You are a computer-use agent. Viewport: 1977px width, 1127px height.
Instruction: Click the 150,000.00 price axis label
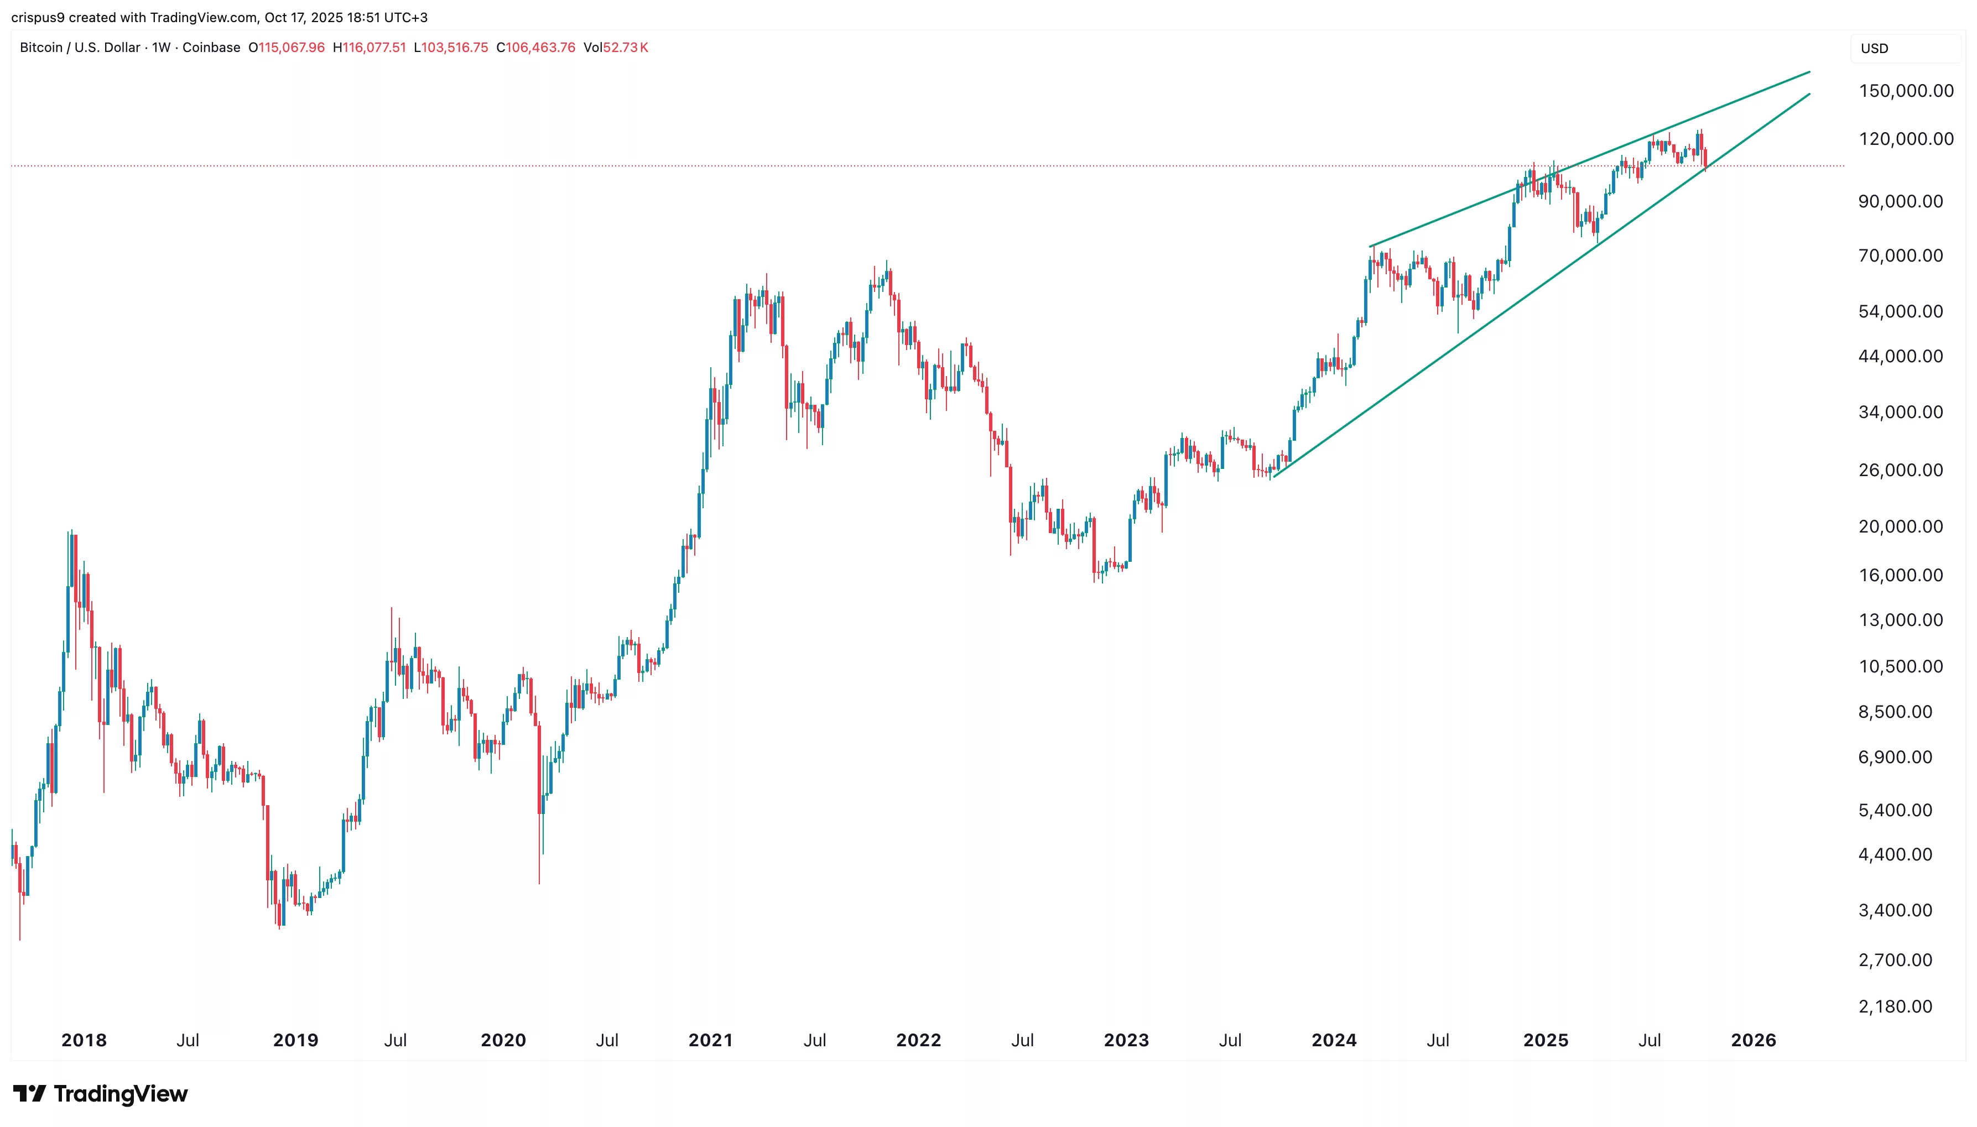(x=1905, y=91)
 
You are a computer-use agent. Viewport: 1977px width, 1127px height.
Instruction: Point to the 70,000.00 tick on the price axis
(x=1900, y=255)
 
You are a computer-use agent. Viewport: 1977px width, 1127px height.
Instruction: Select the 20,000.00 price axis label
(x=1900, y=526)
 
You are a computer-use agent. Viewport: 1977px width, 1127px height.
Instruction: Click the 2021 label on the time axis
(x=710, y=1040)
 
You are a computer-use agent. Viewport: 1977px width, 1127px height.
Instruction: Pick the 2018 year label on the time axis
(x=84, y=1040)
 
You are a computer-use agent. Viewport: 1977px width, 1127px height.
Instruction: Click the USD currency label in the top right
(x=1874, y=48)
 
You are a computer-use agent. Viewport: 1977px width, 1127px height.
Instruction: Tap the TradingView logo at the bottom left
(x=100, y=1094)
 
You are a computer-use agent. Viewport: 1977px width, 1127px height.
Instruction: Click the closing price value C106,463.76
(x=535, y=47)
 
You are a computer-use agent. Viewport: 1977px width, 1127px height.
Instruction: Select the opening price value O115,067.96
(x=287, y=47)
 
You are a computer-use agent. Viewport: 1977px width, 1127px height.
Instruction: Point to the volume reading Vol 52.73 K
(x=616, y=47)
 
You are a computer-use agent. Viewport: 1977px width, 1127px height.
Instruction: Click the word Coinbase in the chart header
(x=211, y=47)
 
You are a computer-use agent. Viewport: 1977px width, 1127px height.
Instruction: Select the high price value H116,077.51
(x=370, y=47)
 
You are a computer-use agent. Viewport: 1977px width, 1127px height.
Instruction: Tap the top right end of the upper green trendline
(x=1808, y=72)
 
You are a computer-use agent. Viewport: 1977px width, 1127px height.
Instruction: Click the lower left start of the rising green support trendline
(x=1273, y=477)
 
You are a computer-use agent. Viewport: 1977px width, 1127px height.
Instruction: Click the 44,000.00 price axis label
(x=1900, y=356)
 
